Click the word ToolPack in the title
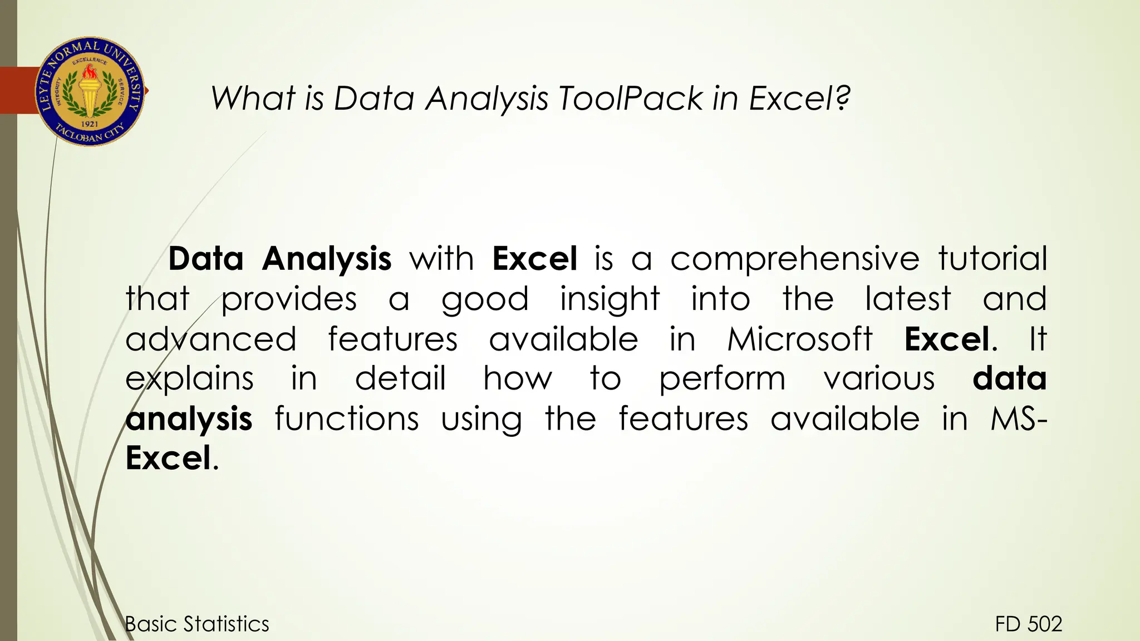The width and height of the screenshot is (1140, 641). pyautogui.click(x=631, y=98)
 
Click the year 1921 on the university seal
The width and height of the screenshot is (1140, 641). pyautogui.click(x=90, y=124)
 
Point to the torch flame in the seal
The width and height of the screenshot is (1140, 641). pyautogui.click(x=89, y=72)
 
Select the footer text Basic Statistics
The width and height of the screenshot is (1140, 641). pyautogui.click(x=197, y=624)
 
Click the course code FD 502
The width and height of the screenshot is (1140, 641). pyautogui.click(x=1028, y=624)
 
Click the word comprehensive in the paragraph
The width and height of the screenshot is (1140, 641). pyautogui.click(x=794, y=259)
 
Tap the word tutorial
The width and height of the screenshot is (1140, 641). pyautogui.click(x=992, y=259)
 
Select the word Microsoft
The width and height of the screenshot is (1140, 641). pyautogui.click(x=800, y=339)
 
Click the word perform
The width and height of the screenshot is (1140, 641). pyautogui.click(x=722, y=379)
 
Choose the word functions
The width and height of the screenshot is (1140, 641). pyautogui.click(x=346, y=419)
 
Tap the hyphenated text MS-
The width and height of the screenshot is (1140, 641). pyautogui.click(x=1018, y=419)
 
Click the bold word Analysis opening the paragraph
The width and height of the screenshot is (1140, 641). pyautogui.click(x=327, y=260)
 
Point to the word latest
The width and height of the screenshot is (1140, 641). pyautogui.click(x=908, y=299)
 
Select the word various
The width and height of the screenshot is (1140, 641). pyautogui.click(x=879, y=379)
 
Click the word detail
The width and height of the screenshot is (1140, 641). pyautogui.click(x=400, y=379)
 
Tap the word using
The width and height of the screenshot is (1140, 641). pyautogui.click(x=481, y=420)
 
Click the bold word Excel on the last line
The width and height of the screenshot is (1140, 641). pyautogui.click(x=168, y=458)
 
